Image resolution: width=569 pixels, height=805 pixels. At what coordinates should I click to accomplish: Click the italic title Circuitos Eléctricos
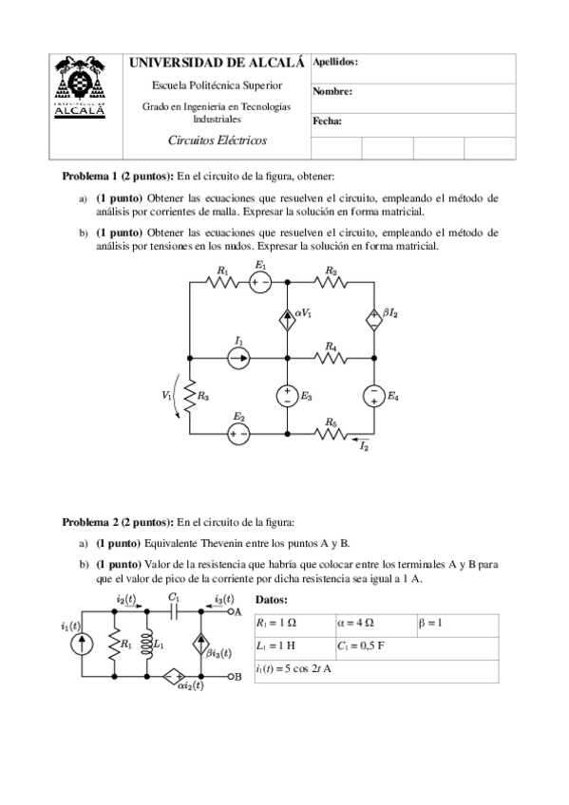click(217, 140)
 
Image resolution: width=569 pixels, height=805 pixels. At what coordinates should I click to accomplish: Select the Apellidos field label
click(335, 62)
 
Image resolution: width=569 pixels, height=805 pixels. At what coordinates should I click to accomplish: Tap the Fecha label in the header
click(327, 122)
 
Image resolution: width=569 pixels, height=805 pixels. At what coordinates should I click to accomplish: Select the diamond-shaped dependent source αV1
click(287, 319)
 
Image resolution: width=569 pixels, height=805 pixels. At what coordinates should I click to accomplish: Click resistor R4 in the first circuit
click(331, 357)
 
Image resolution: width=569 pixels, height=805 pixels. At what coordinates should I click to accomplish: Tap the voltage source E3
click(287, 395)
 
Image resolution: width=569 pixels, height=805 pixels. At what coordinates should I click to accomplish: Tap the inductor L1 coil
click(144, 645)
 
